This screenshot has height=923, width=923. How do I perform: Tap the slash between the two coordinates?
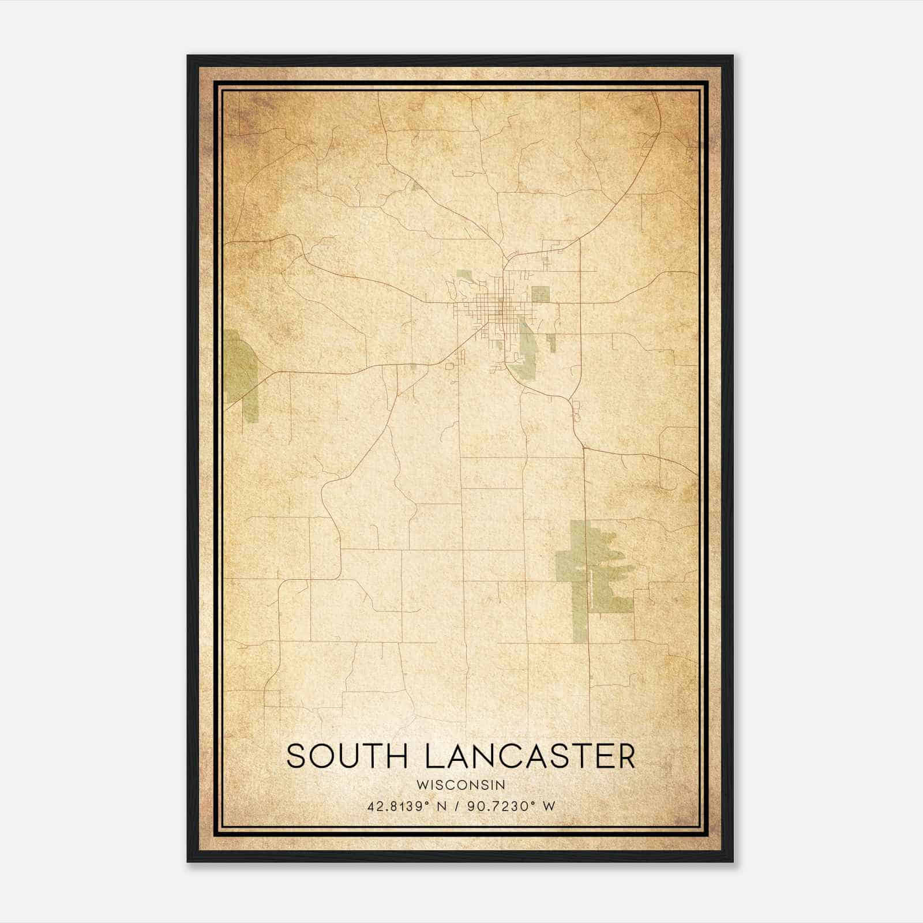point(456,806)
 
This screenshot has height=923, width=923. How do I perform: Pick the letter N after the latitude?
point(442,806)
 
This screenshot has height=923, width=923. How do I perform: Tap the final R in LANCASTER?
point(625,756)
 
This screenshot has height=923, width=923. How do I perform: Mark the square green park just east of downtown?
point(540,294)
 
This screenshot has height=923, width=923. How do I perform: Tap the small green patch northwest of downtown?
point(465,276)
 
